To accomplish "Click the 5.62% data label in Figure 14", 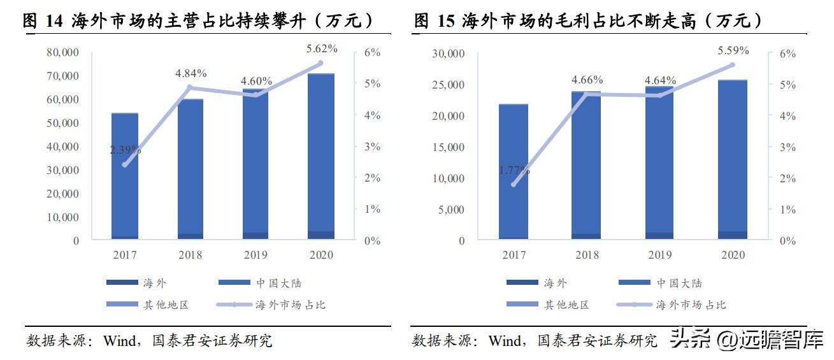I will (322, 48).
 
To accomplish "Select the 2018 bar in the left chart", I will (191, 169).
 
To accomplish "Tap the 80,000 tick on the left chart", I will (63, 53).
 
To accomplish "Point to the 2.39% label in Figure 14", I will (126, 150).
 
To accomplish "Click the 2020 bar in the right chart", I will (733, 159).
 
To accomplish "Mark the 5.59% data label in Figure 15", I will (733, 50).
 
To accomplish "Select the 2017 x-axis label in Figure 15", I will (514, 255).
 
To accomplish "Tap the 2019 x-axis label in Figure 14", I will (255, 255).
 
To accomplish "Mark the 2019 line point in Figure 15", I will (659, 96).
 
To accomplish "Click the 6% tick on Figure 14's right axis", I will (372, 53).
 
